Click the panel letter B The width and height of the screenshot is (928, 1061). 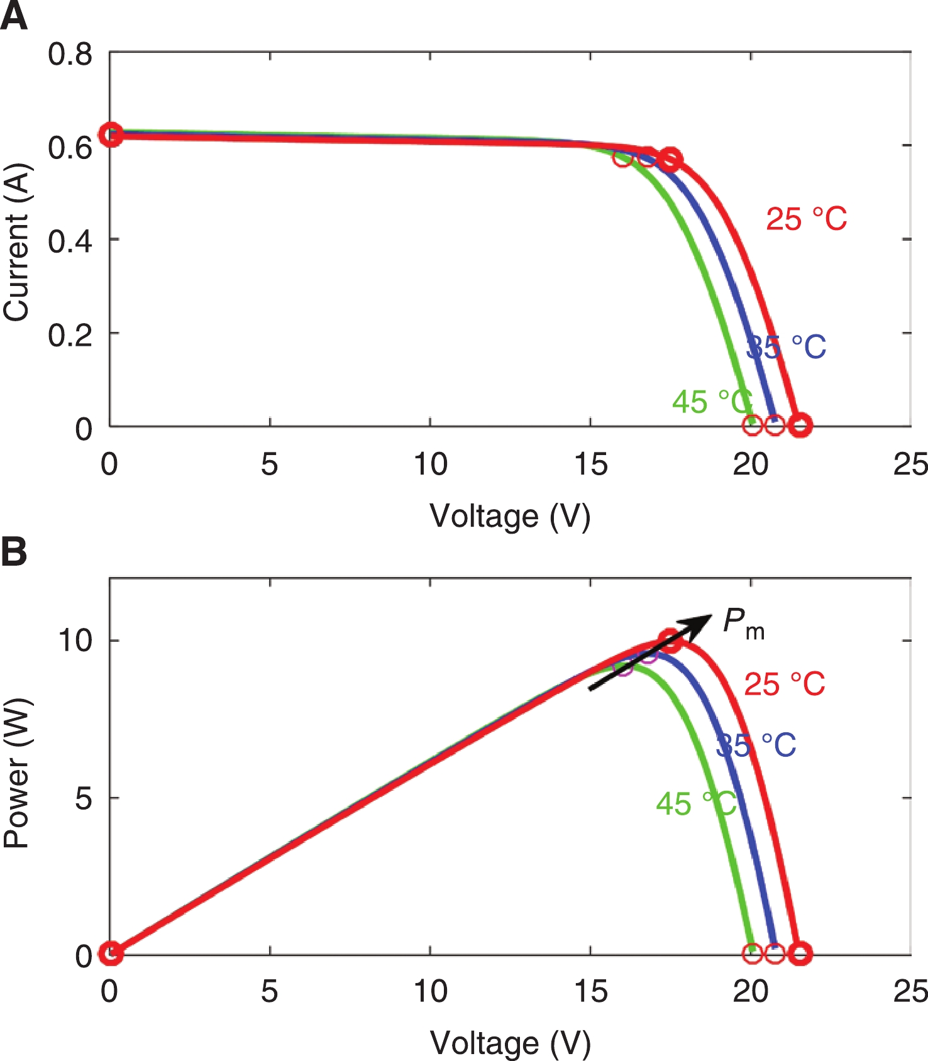tap(14, 552)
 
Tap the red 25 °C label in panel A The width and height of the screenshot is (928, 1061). tap(806, 219)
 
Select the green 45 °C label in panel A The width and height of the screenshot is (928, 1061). tap(712, 402)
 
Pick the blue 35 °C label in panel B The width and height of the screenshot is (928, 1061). tap(756, 745)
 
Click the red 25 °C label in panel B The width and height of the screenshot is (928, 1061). tap(784, 684)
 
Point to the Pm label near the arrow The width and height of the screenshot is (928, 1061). tap(743, 624)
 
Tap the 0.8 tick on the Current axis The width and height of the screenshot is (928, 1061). tap(70, 55)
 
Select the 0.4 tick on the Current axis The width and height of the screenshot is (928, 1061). tap(70, 241)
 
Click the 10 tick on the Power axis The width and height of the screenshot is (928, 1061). tap(75, 640)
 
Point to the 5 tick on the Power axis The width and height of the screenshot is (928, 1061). tap(84, 798)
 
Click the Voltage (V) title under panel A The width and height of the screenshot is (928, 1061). tap(510, 517)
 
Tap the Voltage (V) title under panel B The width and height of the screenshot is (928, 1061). tap(510, 1043)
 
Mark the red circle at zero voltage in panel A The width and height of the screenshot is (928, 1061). tap(111, 135)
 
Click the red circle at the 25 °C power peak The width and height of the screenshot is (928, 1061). tap(671, 641)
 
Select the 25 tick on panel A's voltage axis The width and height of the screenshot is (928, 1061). tap(910, 465)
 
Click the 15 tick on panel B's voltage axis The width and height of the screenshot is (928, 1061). tap(590, 992)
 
